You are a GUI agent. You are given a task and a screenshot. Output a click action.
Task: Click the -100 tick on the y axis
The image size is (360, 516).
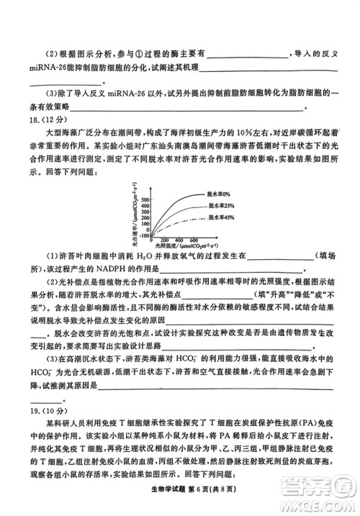(x=143, y=235)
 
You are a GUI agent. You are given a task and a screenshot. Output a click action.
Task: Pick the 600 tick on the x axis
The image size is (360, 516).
(x=194, y=239)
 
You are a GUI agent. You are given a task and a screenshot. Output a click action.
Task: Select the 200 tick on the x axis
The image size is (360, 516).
(x=163, y=239)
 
